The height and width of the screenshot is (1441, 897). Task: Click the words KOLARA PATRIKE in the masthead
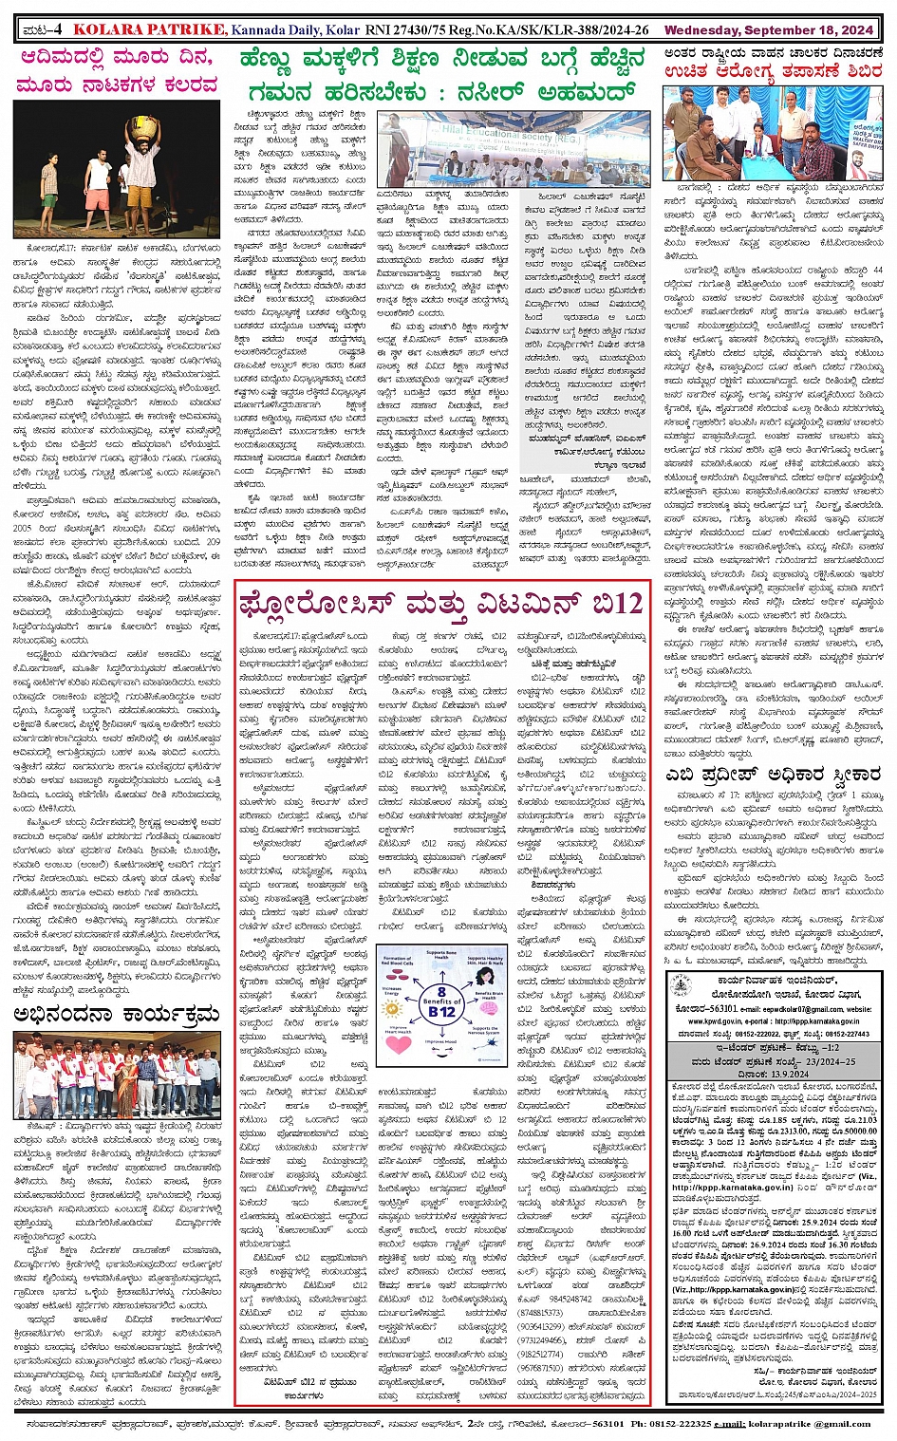[149, 31]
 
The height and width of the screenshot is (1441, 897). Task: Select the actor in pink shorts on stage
[96, 189]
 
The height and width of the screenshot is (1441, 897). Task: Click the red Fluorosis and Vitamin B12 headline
[441, 604]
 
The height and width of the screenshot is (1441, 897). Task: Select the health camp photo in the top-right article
[774, 134]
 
